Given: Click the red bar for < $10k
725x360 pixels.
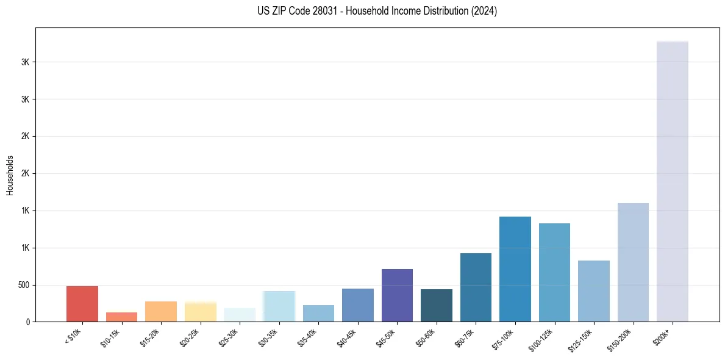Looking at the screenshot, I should [x=82, y=304].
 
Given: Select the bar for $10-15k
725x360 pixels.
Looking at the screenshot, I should [x=121, y=317].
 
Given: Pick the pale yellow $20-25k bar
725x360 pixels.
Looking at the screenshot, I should [x=201, y=311].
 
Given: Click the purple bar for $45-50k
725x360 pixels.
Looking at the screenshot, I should [x=397, y=295].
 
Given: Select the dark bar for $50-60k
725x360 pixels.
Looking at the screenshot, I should [x=437, y=305].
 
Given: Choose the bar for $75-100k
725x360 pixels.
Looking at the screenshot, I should [x=515, y=269].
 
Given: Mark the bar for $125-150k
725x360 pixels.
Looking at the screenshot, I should [x=594, y=291].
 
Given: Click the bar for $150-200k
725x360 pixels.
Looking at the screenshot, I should [x=633, y=262].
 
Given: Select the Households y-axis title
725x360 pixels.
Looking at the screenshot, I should [x=10, y=175].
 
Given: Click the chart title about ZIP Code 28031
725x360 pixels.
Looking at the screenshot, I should [x=377, y=11].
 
